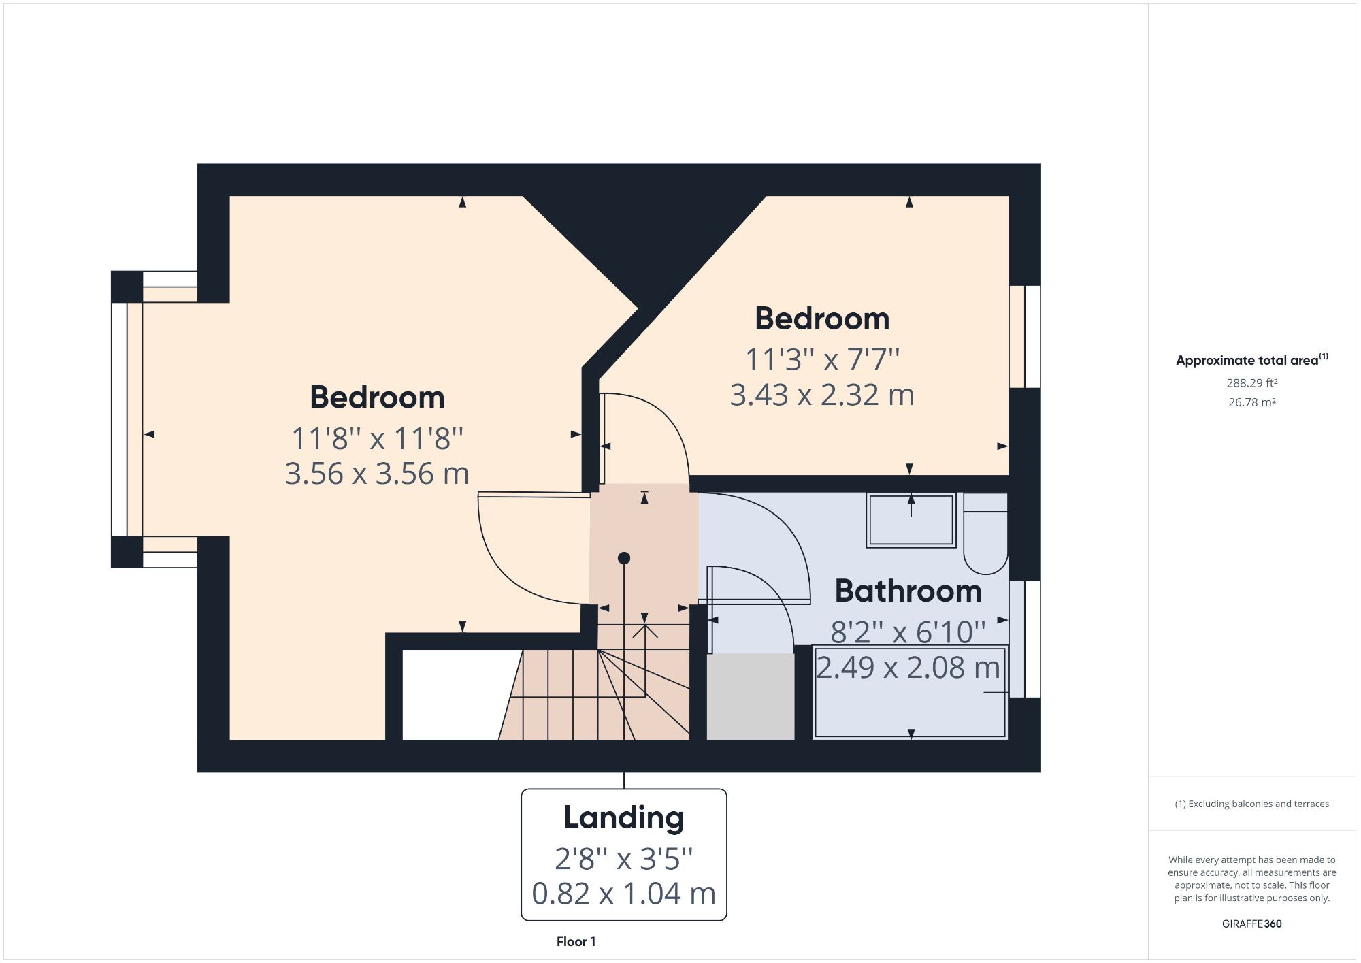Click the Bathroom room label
(908, 591)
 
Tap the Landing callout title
(623, 817)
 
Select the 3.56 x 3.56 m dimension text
(377, 474)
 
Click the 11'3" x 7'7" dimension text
(822, 359)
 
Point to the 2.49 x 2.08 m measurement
(908, 667)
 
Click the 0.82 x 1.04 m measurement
(623, 894)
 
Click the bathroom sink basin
(911, 521)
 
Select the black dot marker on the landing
(623, 558)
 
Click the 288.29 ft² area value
(1251, 383)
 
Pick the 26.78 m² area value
(1251, 402)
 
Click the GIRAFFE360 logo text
(1251, 924)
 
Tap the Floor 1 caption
(576, 942)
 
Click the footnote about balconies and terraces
(1251, 804)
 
